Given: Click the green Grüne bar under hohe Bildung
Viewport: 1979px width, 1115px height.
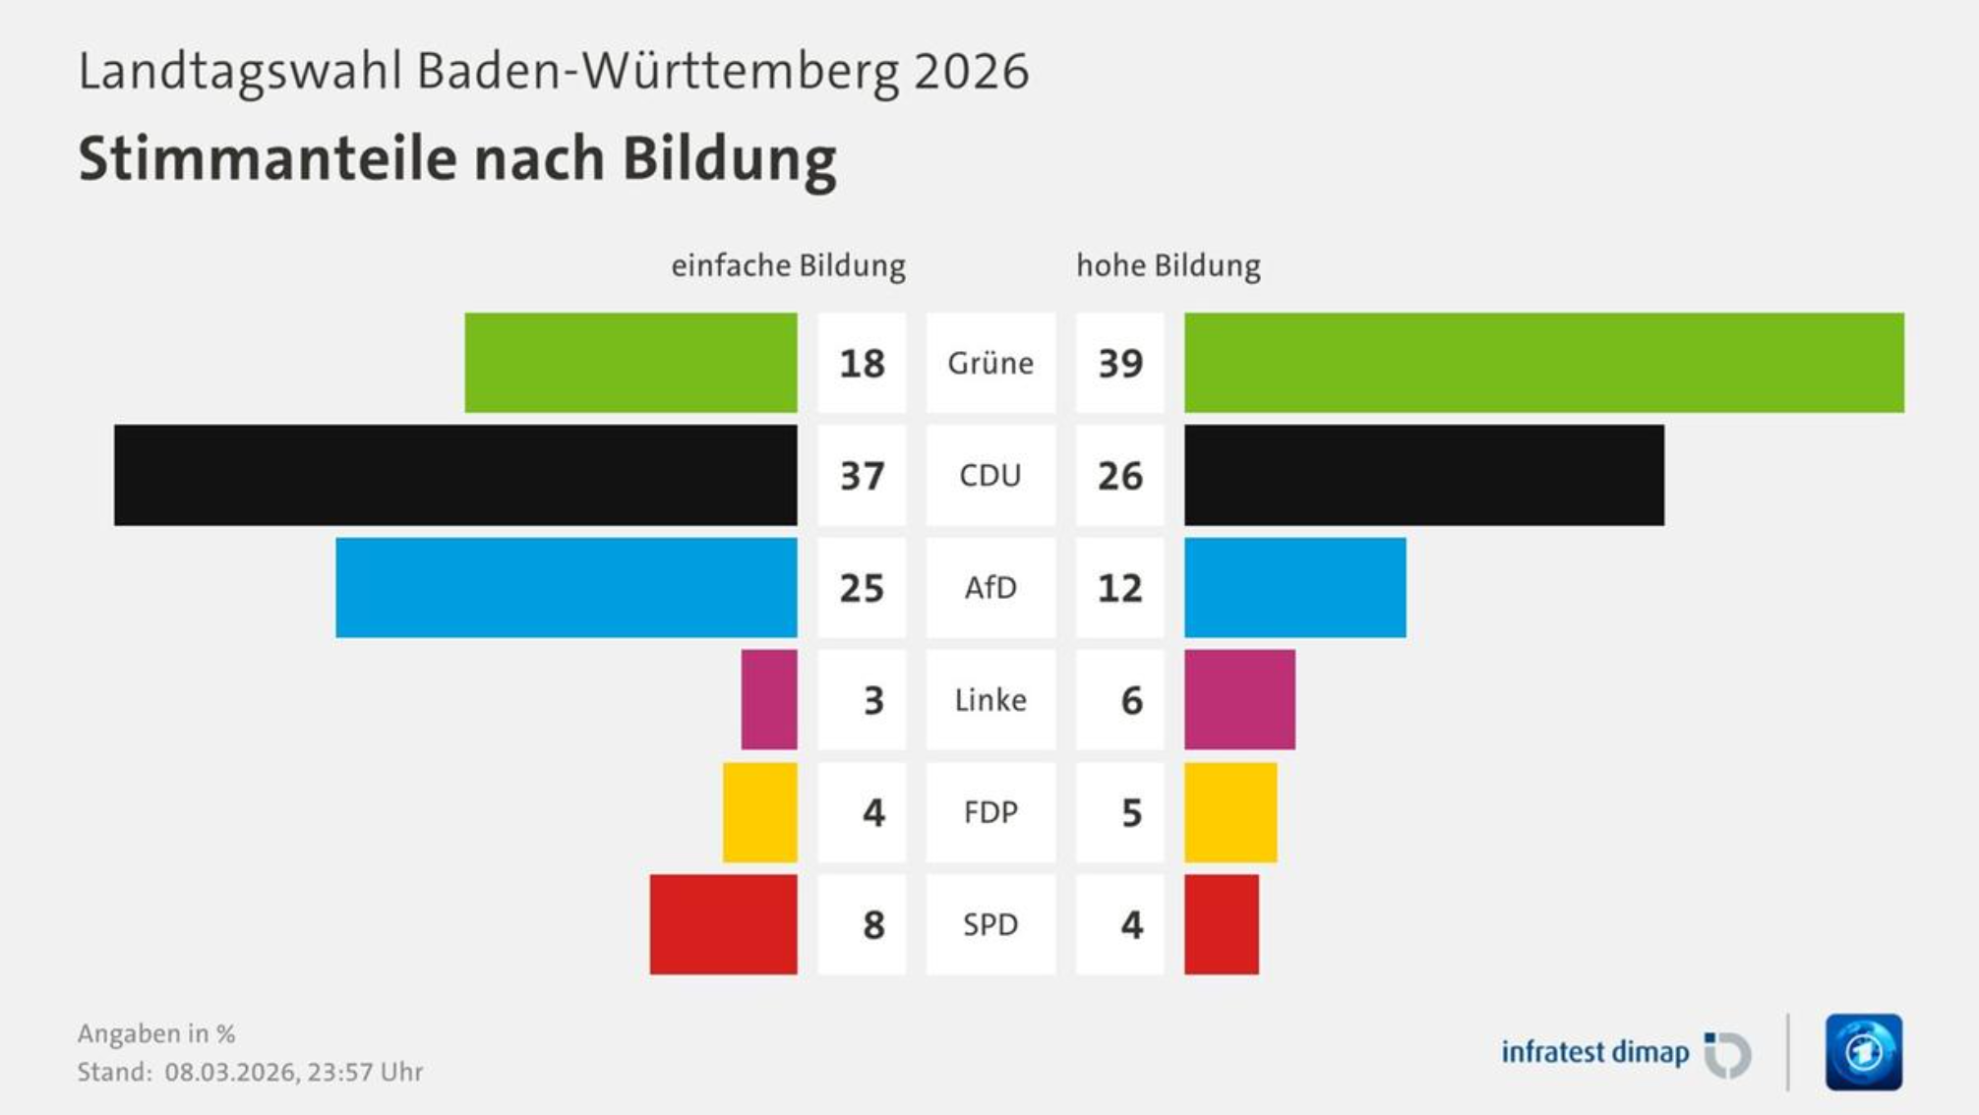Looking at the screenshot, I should pyautogui.click(x=1543, y=363).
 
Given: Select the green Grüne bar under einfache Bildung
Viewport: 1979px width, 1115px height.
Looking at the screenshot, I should pyautogui.click(x=630, y=363).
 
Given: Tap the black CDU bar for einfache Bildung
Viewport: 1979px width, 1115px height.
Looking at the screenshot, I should pyautogui.click(x=455, y=475).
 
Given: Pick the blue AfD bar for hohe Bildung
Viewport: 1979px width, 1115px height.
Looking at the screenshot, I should pyautogui.click(x=1294, y=587).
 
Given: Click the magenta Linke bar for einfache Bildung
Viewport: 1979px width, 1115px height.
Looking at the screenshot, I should pyautogui.click(x=769, y=699).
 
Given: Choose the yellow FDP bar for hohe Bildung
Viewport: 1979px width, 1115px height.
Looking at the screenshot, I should pyautogui.click(x=1230, y=812).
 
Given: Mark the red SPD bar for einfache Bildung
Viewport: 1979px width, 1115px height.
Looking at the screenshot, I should pyautogui.click(x=723, y=924).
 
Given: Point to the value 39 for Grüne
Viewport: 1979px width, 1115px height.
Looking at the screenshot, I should pyautogui.click(x=1120, y=364).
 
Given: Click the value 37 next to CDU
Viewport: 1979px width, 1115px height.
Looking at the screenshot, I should pyautogui.click(x=862, y=476).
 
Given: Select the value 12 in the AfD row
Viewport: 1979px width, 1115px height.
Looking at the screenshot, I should pyautogui.click(x=1120, y=588).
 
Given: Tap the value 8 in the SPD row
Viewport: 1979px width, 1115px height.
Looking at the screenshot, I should pyautogui.click(x=873, y=925).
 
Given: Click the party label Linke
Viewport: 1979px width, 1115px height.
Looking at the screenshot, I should pyautogui.click(x=990, y=700).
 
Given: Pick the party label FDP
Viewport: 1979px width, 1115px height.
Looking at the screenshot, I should pyautogui.click(x=990, y=812).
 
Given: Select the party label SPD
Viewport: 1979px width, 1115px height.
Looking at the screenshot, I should pyautogui.click(x=990, y=924).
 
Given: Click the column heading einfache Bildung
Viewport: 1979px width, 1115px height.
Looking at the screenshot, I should pyautogui.click(x=788, y=265).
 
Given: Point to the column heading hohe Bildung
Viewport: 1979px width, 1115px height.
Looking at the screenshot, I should pyautogui.click(x=1169, y=265).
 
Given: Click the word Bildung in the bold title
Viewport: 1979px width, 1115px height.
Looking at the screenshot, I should pyautogui.click(x=729, y=159).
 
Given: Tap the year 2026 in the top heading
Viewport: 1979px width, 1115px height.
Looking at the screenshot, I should pyautogui.click(x=971, y=72).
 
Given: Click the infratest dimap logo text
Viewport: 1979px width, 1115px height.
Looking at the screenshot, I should pyautogui.click(x=1594, y=1052).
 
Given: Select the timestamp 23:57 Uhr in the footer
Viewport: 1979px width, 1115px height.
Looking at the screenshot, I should pyautogui.click(x=365, y=1072).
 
